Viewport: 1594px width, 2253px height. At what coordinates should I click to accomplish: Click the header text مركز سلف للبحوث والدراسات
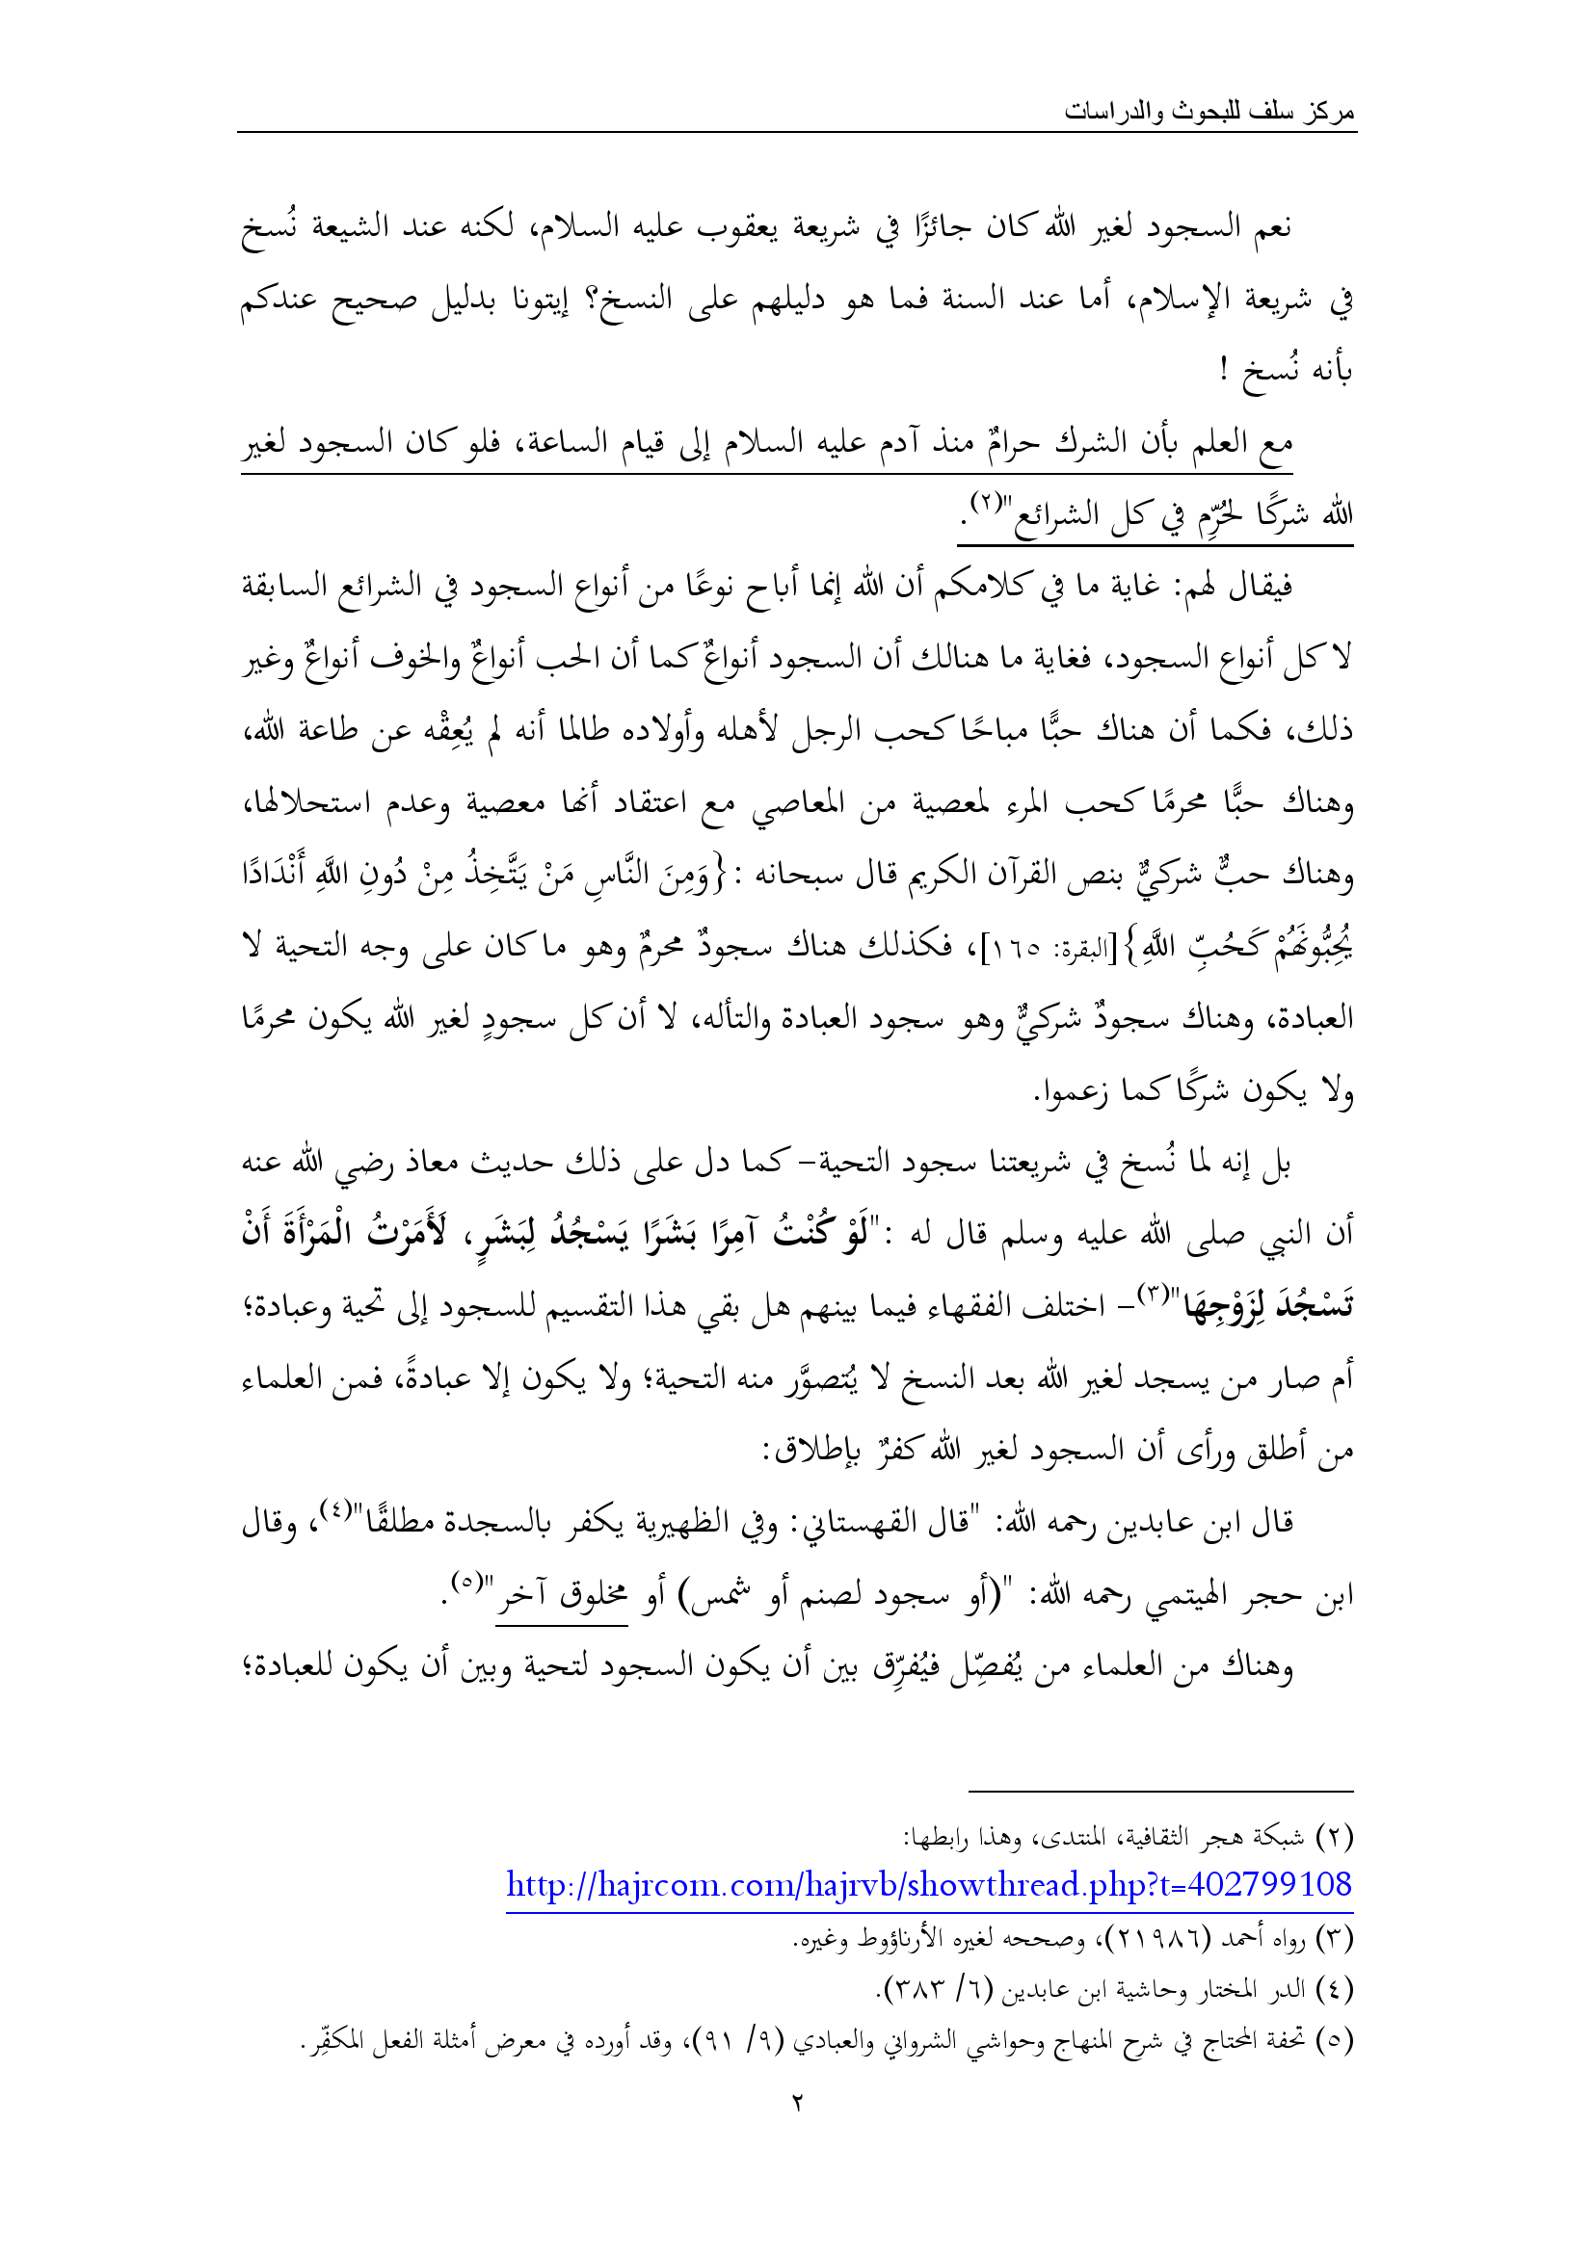tap(1209, 112)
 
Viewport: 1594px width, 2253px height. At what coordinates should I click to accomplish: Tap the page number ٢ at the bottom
tap(797, 2102)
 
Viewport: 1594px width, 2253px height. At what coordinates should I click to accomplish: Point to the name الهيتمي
tap(1172, 1595)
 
